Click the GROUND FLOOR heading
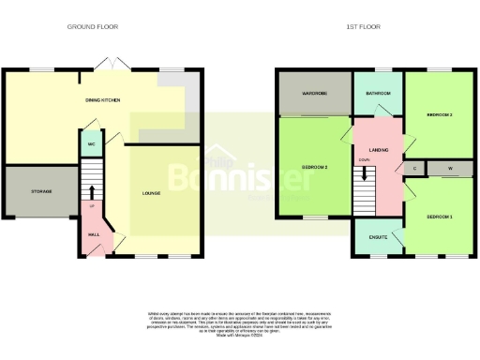tap(90, 27)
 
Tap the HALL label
tap(93, 234)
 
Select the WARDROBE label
tap(312, 94)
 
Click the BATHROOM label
tap(378, 94)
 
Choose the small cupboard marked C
tap(415, 169)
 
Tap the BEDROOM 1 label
tap(440, 217)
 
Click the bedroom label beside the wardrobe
tap(313, 168)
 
